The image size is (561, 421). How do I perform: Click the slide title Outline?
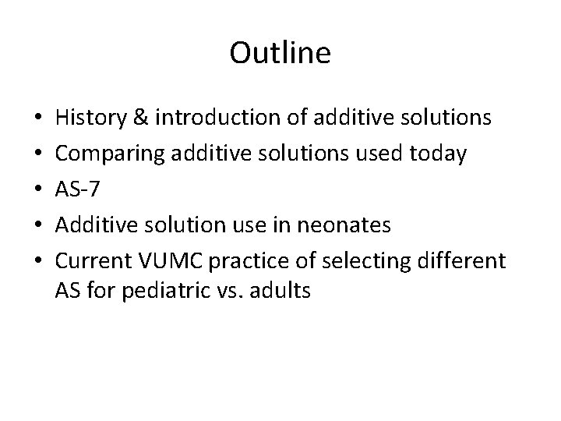click(280, 53)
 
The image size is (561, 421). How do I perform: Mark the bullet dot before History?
click(38, 119)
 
